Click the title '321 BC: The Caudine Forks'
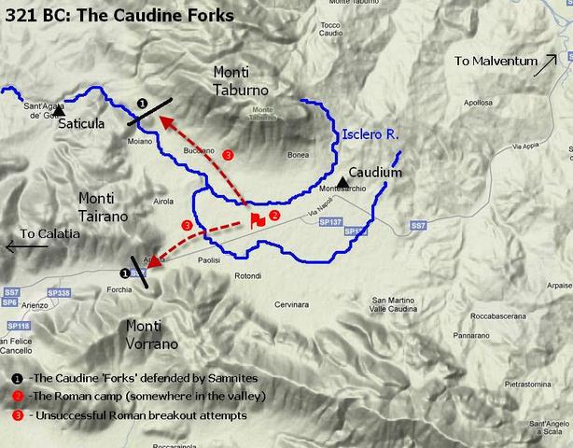tap(119, 15)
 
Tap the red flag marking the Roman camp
tap(256, 219)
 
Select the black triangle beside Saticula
tap(58, 113)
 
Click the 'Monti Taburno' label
tap(240, 81)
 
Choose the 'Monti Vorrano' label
tap(151, 335)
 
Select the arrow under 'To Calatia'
tap(26, 247)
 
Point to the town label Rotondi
tap(248, 275)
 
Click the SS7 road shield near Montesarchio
tap(419, 226)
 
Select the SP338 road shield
tap(58, 292)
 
